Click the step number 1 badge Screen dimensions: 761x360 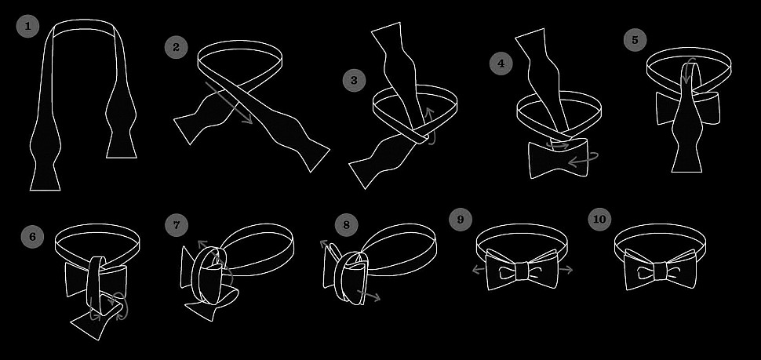(x=27, y=26)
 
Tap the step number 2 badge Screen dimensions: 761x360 (x=176, y=47)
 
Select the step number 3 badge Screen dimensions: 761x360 (x=354, y=80)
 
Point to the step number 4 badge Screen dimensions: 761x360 (x=501, y=63)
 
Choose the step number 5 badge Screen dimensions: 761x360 (x=635, y=40)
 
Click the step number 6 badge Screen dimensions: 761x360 (x=32, y=237)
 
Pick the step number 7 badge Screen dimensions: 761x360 (x=177, y=224)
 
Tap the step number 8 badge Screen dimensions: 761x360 (x=346, y=224)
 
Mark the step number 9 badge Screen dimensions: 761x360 (x=461, y=219)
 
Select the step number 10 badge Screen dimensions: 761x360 (x=599, y=219)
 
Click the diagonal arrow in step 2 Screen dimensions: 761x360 (x=229, y=103)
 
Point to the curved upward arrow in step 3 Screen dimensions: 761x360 (x=431, y=127)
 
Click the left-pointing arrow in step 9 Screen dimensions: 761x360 (x=479, y=270)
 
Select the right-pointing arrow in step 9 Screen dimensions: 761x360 (x=566, y=270)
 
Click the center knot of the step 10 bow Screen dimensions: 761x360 (x=660, y=271)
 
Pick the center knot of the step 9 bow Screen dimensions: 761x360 (x=523, y=271)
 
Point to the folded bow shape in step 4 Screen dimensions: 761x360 (x=558, y=158)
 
